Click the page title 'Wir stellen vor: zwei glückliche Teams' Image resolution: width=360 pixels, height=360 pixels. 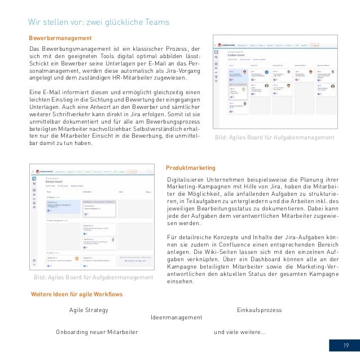[x=99, y=22]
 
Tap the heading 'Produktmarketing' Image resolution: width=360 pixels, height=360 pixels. [x=191, y=168]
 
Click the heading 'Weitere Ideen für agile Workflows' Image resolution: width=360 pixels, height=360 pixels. [x=76, y=295]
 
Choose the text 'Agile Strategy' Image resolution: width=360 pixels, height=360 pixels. [x=89, y=310]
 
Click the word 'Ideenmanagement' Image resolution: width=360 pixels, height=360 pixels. [x=177, y=318]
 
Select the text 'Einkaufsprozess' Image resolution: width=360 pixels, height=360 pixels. [x=259, y=310]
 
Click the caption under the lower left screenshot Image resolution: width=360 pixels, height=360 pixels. [x=93, y=278]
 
